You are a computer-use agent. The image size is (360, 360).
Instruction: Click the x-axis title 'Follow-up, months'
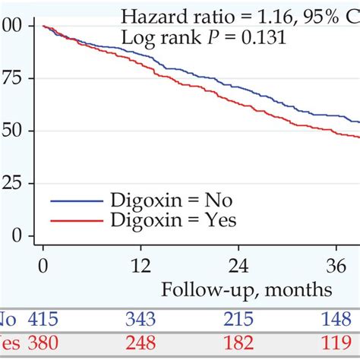pyautogui.click(x=246, y=289)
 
